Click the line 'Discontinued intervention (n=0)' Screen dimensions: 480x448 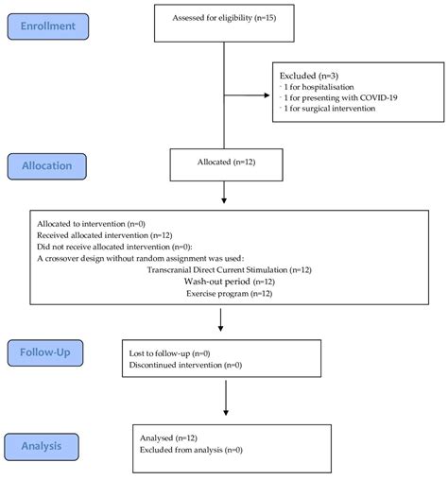pos(186,365)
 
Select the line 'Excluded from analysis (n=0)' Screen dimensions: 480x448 pos(192,451)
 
